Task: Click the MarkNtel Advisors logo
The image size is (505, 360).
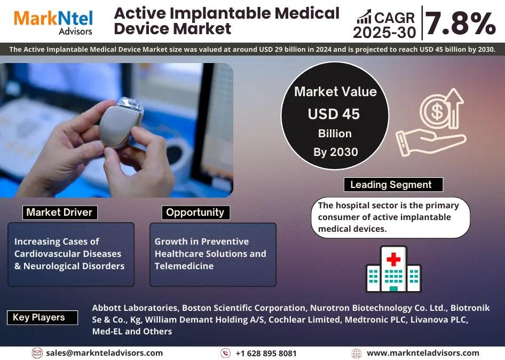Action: coord(53,22)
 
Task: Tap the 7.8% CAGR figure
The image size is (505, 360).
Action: coord(461,23)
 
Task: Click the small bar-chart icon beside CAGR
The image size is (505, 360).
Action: coord(364,17)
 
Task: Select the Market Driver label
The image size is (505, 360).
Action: coord(60,213)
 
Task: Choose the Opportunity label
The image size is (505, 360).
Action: coord(195,213)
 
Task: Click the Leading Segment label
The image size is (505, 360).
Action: coord(393,185)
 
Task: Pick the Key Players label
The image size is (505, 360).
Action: coord(42,317)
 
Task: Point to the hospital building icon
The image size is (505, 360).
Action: coord(393,269)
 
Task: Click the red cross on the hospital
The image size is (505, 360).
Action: coord(393,259)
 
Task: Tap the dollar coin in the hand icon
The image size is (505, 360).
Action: coord(437,111)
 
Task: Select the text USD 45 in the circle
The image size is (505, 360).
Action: coord(334,114)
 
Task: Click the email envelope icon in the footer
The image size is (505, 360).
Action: coord(37,353)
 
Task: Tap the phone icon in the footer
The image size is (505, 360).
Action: coord(225,353)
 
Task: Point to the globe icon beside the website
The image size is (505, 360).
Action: coord(357,354)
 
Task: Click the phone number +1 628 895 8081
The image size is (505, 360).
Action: coord(266,354)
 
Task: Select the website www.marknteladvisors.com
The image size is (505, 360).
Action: coord(423,353)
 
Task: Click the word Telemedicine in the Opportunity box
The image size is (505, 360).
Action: coord(184,266)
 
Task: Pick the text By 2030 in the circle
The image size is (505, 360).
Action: coord(336,152)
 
